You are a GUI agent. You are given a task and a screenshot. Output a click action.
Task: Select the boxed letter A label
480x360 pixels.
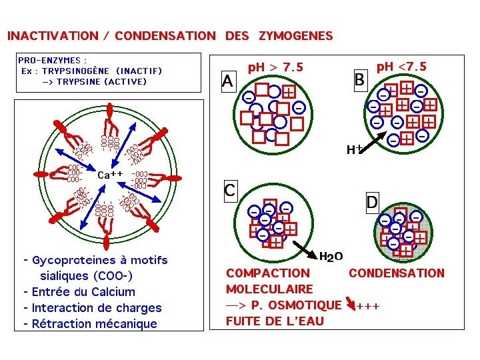[228, 81]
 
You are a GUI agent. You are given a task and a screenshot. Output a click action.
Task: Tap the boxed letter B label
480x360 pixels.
[360, 79]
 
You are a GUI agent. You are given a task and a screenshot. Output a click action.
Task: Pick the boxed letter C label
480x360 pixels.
[229, 190]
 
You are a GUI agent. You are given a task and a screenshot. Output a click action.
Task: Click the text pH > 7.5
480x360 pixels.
[275, 67]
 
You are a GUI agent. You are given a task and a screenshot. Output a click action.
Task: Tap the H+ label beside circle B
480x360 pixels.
[353, 151]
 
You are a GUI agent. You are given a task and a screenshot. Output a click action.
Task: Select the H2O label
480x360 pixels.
[331, 257]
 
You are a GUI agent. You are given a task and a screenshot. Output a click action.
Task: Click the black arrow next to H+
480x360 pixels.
[374, 141]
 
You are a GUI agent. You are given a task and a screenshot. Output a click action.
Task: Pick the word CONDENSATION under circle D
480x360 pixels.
[396, 273]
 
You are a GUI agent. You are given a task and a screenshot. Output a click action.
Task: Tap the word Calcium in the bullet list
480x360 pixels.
[107, 292]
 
